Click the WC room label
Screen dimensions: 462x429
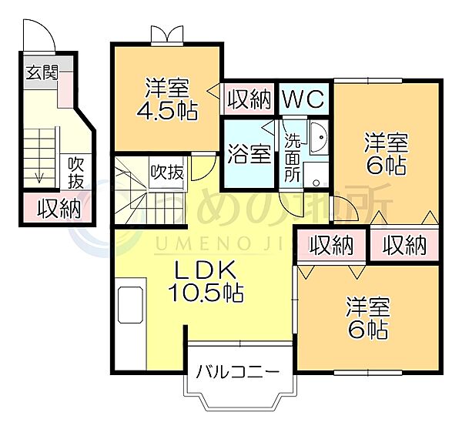point(304,99)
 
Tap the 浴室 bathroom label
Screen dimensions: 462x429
point(249,154)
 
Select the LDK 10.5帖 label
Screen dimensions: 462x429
point(206,281)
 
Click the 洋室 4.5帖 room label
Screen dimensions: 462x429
point(167,99)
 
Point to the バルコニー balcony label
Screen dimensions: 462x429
point(237,372)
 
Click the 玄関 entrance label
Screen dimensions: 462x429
point(42,72)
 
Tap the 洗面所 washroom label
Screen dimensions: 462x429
point(293,157)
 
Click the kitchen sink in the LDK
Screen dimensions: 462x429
point(131,305)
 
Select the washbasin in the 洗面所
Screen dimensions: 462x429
point(319,137)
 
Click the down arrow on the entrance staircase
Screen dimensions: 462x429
point(39,178)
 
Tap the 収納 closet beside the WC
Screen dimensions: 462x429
point(249,99)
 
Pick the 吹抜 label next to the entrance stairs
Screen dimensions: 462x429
point(75,173)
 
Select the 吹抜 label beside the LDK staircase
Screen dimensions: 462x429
point(167,172)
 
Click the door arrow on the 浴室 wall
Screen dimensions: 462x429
point(268,128)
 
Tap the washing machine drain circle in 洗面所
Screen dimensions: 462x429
point(316,183)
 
